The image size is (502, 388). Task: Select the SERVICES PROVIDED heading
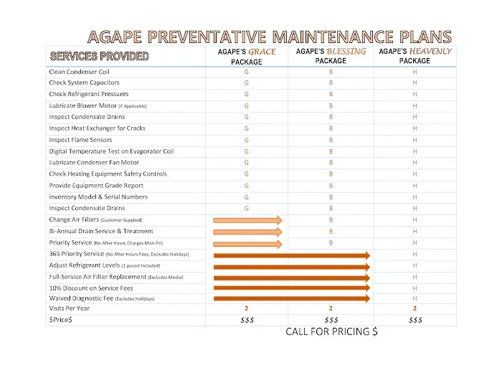click(98, 56)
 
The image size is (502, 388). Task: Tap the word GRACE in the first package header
click(262, 52)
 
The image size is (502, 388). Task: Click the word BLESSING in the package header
click(346, 52)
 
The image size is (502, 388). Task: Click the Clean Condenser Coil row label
click(79, 72)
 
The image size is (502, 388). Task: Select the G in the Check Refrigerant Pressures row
click(247, 95)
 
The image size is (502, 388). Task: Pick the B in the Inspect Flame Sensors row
click(331, 140)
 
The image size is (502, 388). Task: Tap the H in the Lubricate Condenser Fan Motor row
click(415, 163)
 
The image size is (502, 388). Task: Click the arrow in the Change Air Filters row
click(247, 220)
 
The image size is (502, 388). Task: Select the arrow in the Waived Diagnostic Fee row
click(291, 298)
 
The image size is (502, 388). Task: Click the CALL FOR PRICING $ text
click(331, 332)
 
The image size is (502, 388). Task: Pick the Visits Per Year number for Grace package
click(247, 308)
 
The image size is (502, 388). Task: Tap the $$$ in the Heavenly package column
click(415, 320)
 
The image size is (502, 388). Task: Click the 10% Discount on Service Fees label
click(90, 288)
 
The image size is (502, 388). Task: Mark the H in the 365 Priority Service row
click(415, 254)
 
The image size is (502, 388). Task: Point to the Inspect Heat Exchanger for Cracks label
click(97, 128)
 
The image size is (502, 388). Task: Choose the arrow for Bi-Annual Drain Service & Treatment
click(247, 232)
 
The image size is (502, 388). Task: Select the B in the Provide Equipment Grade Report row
click(331, 186)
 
